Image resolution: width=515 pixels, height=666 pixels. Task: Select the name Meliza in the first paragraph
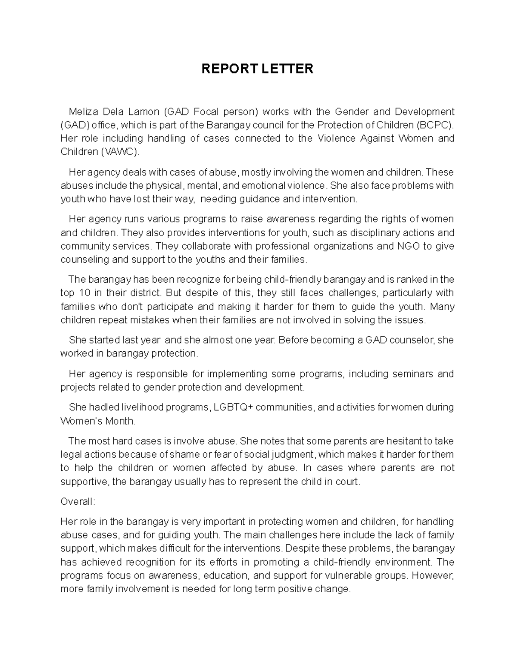(x=84, y=112)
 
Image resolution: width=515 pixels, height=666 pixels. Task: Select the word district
(x=144, y=293)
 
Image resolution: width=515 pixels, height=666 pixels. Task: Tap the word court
(x=347, y=481)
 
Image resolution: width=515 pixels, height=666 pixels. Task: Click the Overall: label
(x=78, y=501)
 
